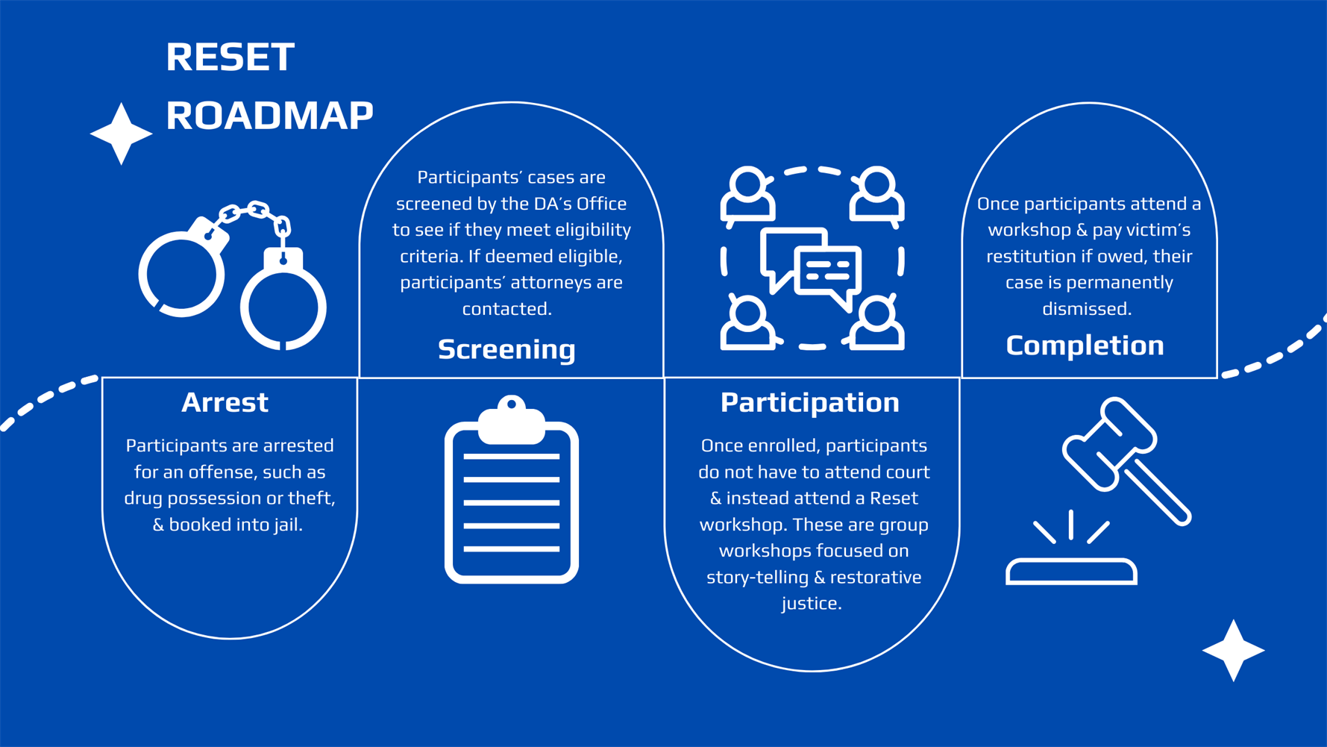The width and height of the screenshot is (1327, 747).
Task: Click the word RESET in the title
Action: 230,57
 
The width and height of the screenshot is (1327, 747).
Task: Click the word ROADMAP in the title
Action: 269,116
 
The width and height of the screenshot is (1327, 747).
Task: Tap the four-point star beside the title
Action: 121,134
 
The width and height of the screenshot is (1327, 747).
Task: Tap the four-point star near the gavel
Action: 1233,650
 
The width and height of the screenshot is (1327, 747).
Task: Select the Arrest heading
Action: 225,403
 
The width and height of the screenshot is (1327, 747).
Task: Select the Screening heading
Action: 506,349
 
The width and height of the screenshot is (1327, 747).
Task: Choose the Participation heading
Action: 809,403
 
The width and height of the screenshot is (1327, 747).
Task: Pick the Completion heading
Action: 1085,346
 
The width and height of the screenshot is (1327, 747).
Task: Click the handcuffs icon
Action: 232,276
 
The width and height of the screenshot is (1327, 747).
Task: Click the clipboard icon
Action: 512,496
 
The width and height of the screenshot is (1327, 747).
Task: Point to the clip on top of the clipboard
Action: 512,420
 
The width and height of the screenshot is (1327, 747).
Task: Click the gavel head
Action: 1109,445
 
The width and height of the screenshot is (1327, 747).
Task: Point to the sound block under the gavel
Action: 1071,572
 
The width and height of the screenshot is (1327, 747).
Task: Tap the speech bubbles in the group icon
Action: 811,266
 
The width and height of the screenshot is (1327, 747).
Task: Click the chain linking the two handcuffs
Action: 252,215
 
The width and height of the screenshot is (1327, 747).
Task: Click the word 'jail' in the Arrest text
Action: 286,525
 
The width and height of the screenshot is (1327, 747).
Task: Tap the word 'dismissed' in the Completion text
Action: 1085,309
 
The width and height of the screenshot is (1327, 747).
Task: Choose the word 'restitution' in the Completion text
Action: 1029,257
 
